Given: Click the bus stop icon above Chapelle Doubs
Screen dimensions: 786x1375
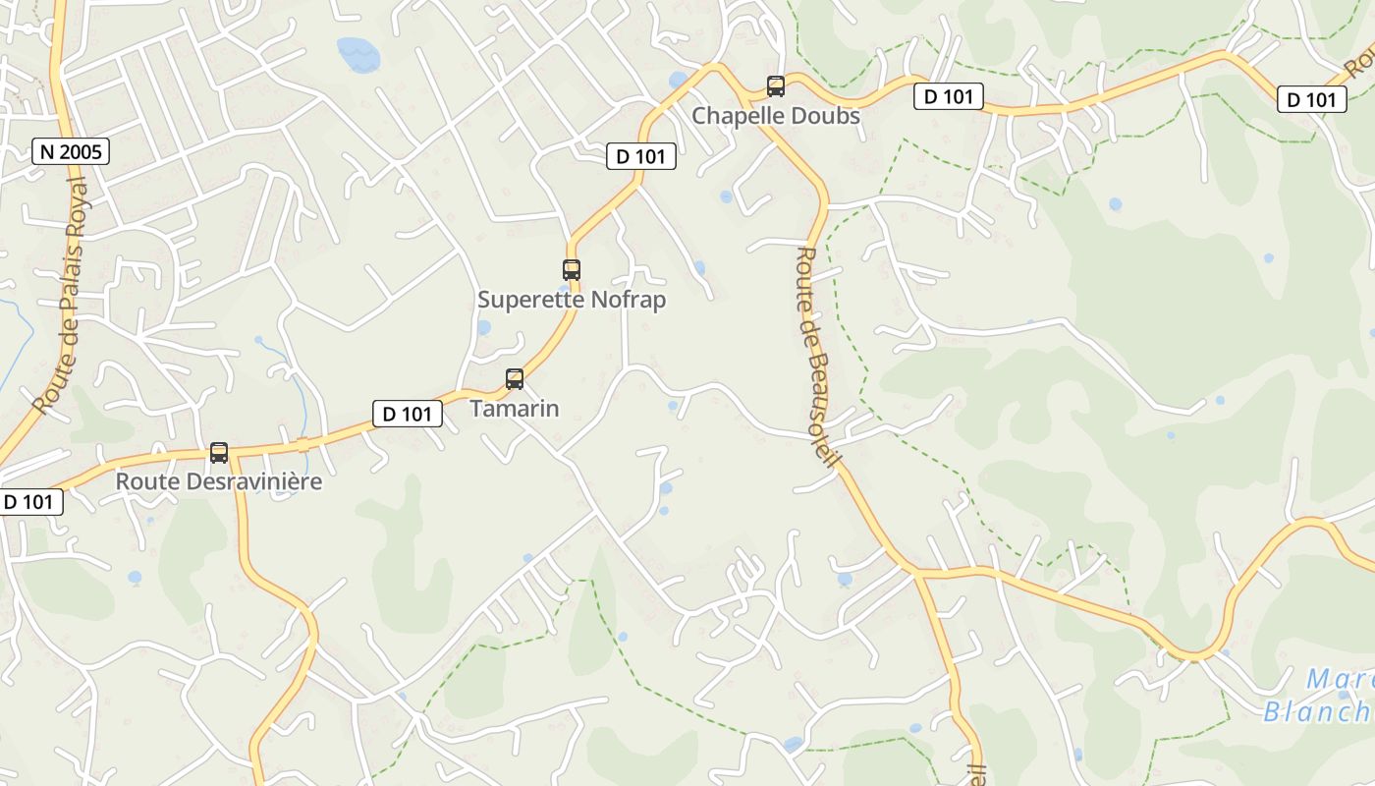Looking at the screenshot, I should point(776,86).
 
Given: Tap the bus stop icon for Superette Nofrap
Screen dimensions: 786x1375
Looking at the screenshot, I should point(571,269).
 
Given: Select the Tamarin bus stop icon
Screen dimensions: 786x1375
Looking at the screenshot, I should point(515,378).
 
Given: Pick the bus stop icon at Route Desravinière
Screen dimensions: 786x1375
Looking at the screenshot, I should point(219,453).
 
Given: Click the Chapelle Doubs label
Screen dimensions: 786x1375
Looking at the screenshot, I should point(776,116).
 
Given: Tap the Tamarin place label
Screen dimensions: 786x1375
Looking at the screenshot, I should point(515,409).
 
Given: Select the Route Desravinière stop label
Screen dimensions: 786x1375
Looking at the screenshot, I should point(219,482).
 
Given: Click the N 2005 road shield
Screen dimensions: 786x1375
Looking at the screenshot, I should point(70,151).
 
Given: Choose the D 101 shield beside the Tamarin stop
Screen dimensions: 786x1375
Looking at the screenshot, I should point(407,414).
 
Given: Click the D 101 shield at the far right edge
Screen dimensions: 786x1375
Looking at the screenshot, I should point(1311,99).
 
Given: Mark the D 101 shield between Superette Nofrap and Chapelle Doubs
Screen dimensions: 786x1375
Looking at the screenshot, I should point(640,155).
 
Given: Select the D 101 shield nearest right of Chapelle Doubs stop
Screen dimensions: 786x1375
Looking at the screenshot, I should point(949,96).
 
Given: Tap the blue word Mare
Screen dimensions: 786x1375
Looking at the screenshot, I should point(1340,679).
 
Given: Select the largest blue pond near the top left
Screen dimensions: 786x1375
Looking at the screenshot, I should point(357,53).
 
